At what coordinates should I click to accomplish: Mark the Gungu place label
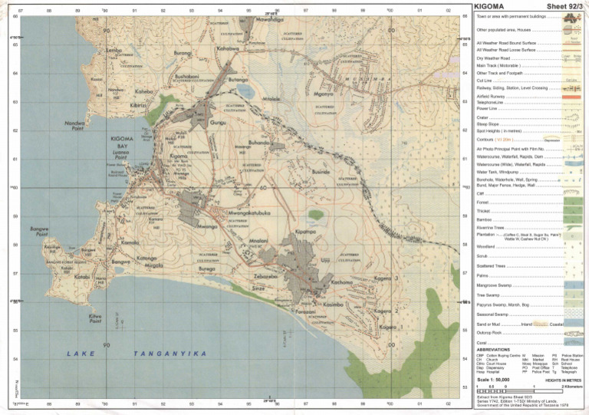click(218, 122)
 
